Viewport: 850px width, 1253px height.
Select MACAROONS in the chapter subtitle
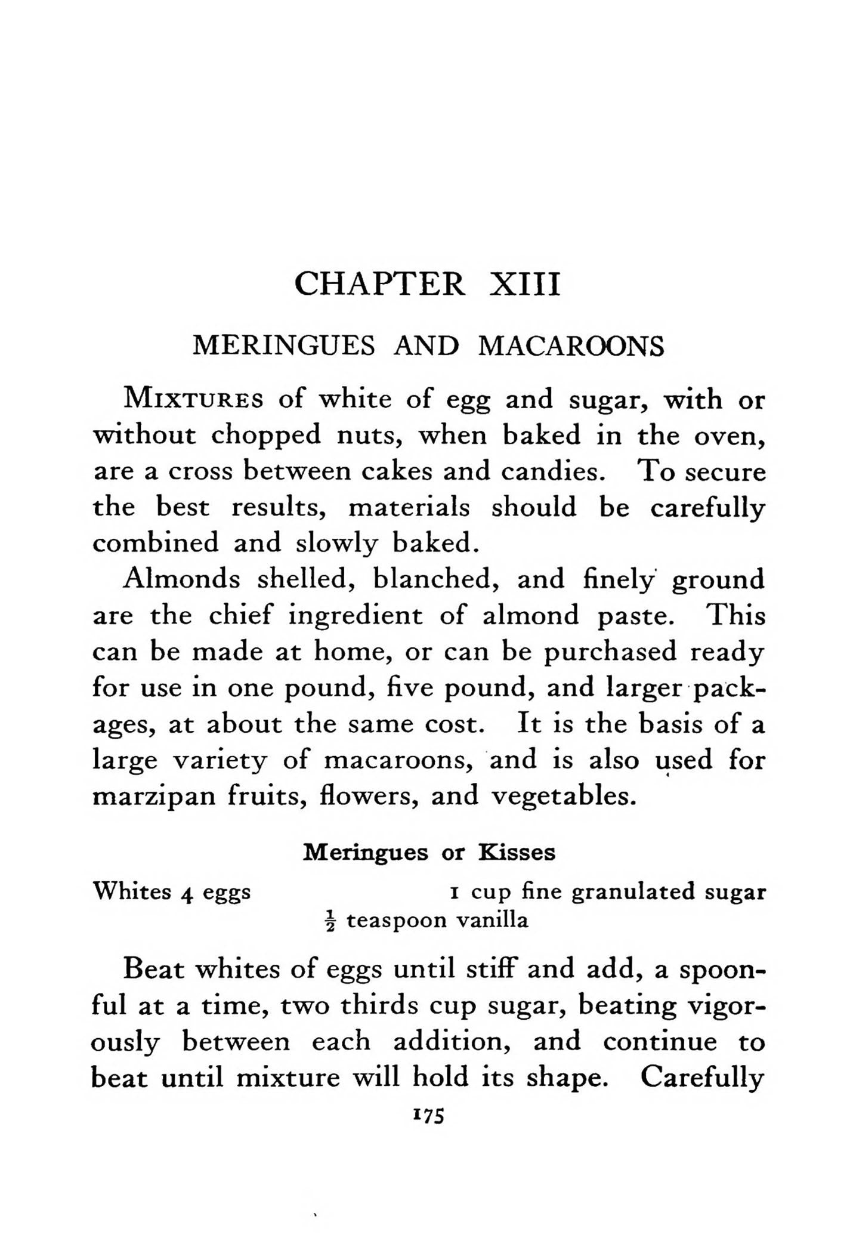coord(571,346)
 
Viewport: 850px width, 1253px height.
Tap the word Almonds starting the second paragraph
coord(181,579)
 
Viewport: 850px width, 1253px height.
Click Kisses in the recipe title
coord(517,853)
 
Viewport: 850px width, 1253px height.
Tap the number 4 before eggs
coord(187,893)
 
